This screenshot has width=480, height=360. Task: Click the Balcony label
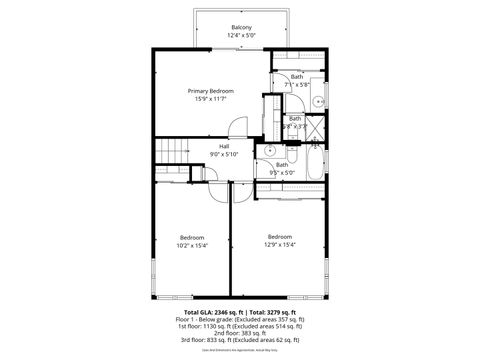(241, 27)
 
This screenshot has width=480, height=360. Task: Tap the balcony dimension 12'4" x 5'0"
(241, 35)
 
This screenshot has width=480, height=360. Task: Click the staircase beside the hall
(172, 151)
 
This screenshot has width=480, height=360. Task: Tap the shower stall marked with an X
(315, 128)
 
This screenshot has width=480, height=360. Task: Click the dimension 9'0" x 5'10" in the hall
(224, 154)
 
